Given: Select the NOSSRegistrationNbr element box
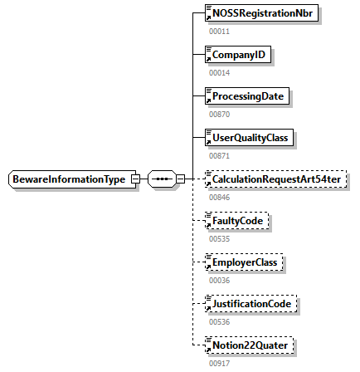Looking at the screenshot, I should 262,13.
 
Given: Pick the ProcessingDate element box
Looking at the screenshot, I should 249,96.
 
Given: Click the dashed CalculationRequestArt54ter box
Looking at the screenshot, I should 276,179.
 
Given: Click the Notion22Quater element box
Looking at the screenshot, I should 250,345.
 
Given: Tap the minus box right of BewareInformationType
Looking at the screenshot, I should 136,179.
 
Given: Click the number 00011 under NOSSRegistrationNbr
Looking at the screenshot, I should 217,32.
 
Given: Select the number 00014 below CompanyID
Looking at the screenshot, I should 217,73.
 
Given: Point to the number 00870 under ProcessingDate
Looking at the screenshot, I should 217,114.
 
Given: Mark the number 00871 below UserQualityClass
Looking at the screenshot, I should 217,155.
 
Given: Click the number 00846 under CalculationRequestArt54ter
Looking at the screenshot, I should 217,198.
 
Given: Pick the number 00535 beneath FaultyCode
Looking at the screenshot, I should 217,239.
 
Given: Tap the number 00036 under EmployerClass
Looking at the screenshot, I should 217,280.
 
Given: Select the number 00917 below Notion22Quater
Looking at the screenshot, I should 217,363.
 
